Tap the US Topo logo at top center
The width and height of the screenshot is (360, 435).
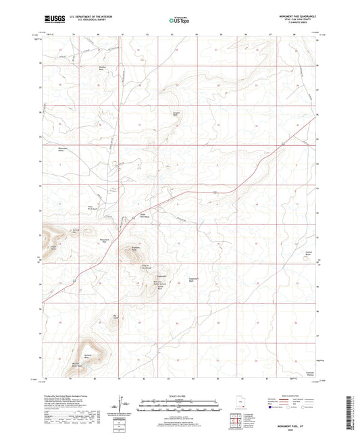click(178, 20)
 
